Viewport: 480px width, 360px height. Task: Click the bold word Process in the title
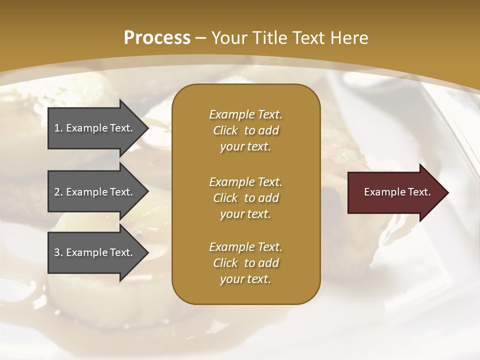point(157,38)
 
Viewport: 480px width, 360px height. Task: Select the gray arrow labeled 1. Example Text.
point(95,128)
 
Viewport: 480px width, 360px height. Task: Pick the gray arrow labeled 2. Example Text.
point(95,192)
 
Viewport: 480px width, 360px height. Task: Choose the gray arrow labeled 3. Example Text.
point(95,252)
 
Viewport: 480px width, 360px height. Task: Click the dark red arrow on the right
point(395,192)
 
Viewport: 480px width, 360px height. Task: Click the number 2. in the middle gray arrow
point(58,192)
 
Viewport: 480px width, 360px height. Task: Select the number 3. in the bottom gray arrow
point(58,252)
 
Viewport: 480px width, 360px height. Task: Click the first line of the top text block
point(245,114)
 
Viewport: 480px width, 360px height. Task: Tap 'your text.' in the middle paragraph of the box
point(245,214)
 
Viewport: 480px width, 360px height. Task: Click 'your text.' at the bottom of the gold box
point(245,279)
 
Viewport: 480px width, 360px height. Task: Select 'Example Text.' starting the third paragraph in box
point(245,247)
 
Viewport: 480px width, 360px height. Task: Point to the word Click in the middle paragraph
point(225,198)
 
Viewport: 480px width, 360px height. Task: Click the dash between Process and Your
point(201,38)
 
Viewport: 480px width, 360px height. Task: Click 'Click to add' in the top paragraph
point(245,130)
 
